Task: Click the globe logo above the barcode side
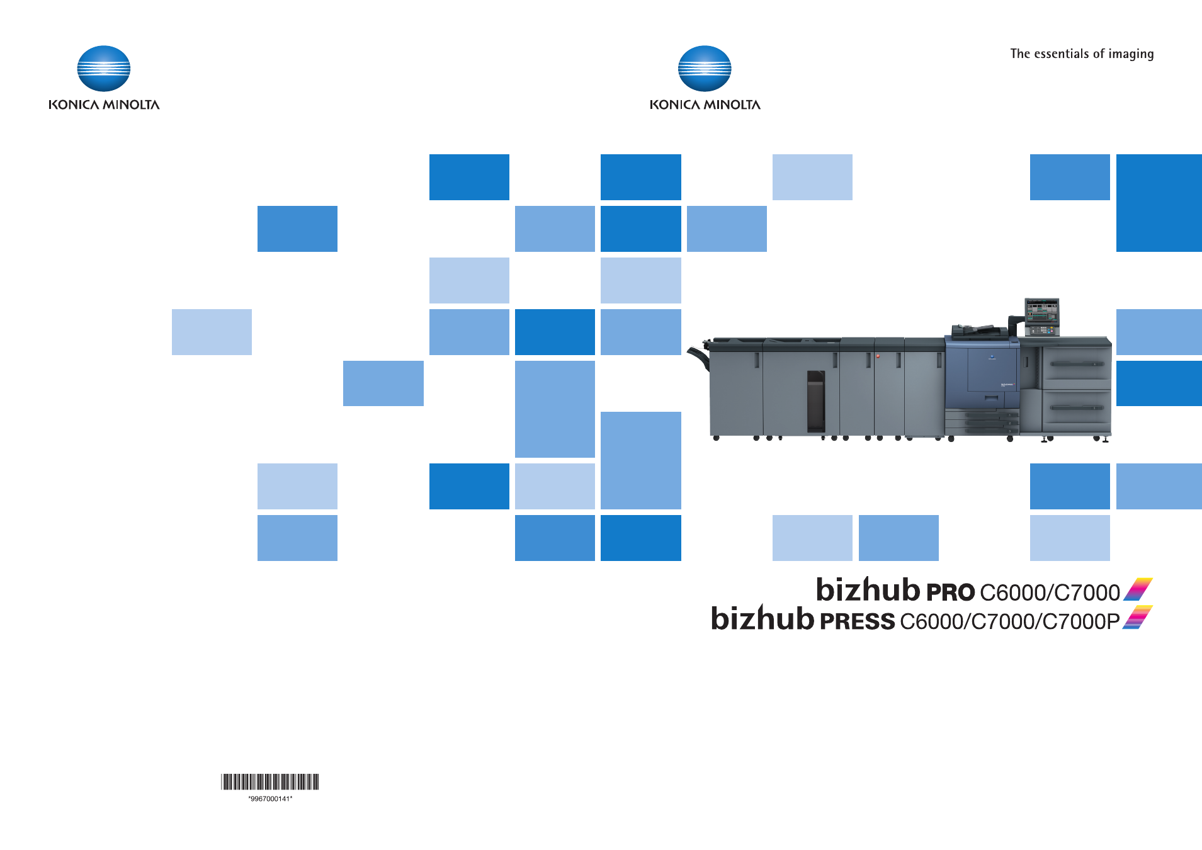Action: tap(104, 69)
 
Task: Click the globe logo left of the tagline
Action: tap(705, 69)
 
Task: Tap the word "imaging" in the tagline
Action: tap(1131, 55)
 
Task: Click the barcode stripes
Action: tap(270, 782)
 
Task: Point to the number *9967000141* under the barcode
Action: tap(270, 799)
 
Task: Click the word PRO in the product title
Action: tap(951, 592)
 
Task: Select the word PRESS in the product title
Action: tap(857, 621)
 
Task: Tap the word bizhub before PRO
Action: tap(868, 589)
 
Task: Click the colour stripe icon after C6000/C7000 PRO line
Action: tap(1138, 589)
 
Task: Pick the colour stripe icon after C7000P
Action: tap(1138, 618)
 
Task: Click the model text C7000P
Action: tap(1081, 621)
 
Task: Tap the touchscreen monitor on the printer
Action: tap(1042, 311)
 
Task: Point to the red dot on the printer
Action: tap(878, 356)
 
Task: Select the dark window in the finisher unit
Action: tap(816, 401)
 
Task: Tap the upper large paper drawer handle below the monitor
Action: tap(1077, 364)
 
